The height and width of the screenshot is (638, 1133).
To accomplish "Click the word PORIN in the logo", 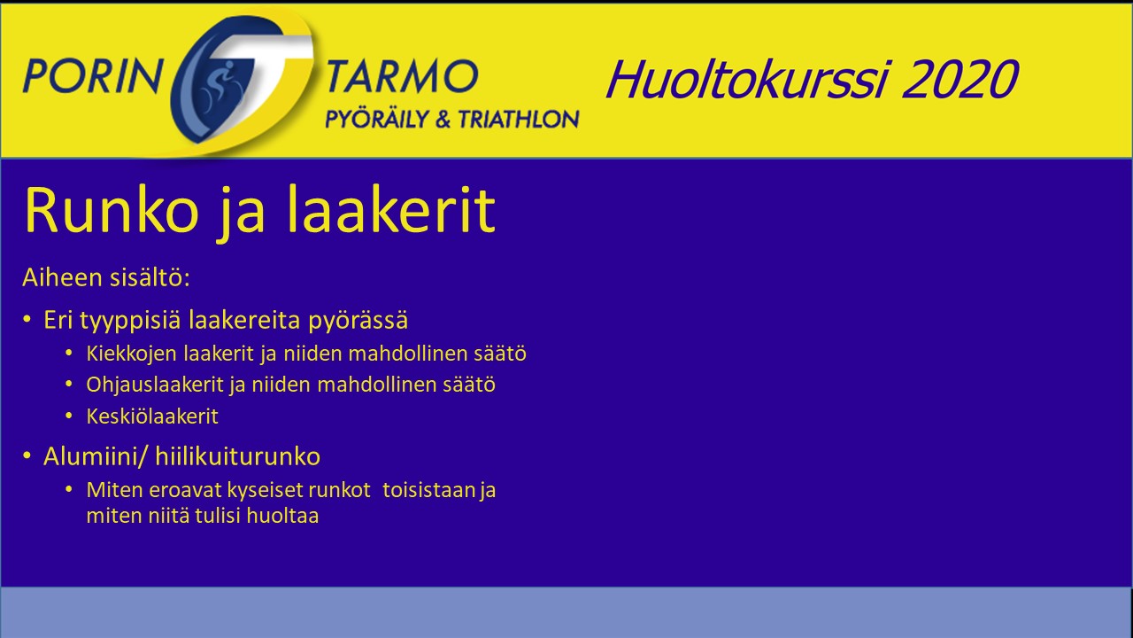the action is click(92, 76).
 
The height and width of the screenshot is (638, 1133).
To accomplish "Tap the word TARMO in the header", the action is click(402, 76).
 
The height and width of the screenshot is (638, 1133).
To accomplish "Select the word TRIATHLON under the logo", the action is click(519, 120).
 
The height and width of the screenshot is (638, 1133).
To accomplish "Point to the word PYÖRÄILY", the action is click(377, 119).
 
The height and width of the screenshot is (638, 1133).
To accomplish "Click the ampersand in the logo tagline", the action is click(443, 120).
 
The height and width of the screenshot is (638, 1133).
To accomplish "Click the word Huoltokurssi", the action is click(747, 80).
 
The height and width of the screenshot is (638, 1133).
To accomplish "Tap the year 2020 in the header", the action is click(960, 79).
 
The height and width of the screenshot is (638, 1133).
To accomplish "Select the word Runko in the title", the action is click(112, 210).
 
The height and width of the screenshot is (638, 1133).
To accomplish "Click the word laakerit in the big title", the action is click(391, 209).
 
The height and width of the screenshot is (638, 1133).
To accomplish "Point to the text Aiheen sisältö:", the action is click(106, 277).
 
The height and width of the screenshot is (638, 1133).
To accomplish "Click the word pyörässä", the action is click(358, 321).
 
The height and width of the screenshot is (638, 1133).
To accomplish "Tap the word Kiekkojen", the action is click(132, 354).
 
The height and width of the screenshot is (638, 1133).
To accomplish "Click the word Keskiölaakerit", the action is click(152, 416).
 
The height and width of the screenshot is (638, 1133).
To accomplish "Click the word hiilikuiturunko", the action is click(238, 456).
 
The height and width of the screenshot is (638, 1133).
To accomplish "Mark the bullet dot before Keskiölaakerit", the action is click(69, 416).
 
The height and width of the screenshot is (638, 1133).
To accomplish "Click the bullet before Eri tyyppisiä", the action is click(27, 320).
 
